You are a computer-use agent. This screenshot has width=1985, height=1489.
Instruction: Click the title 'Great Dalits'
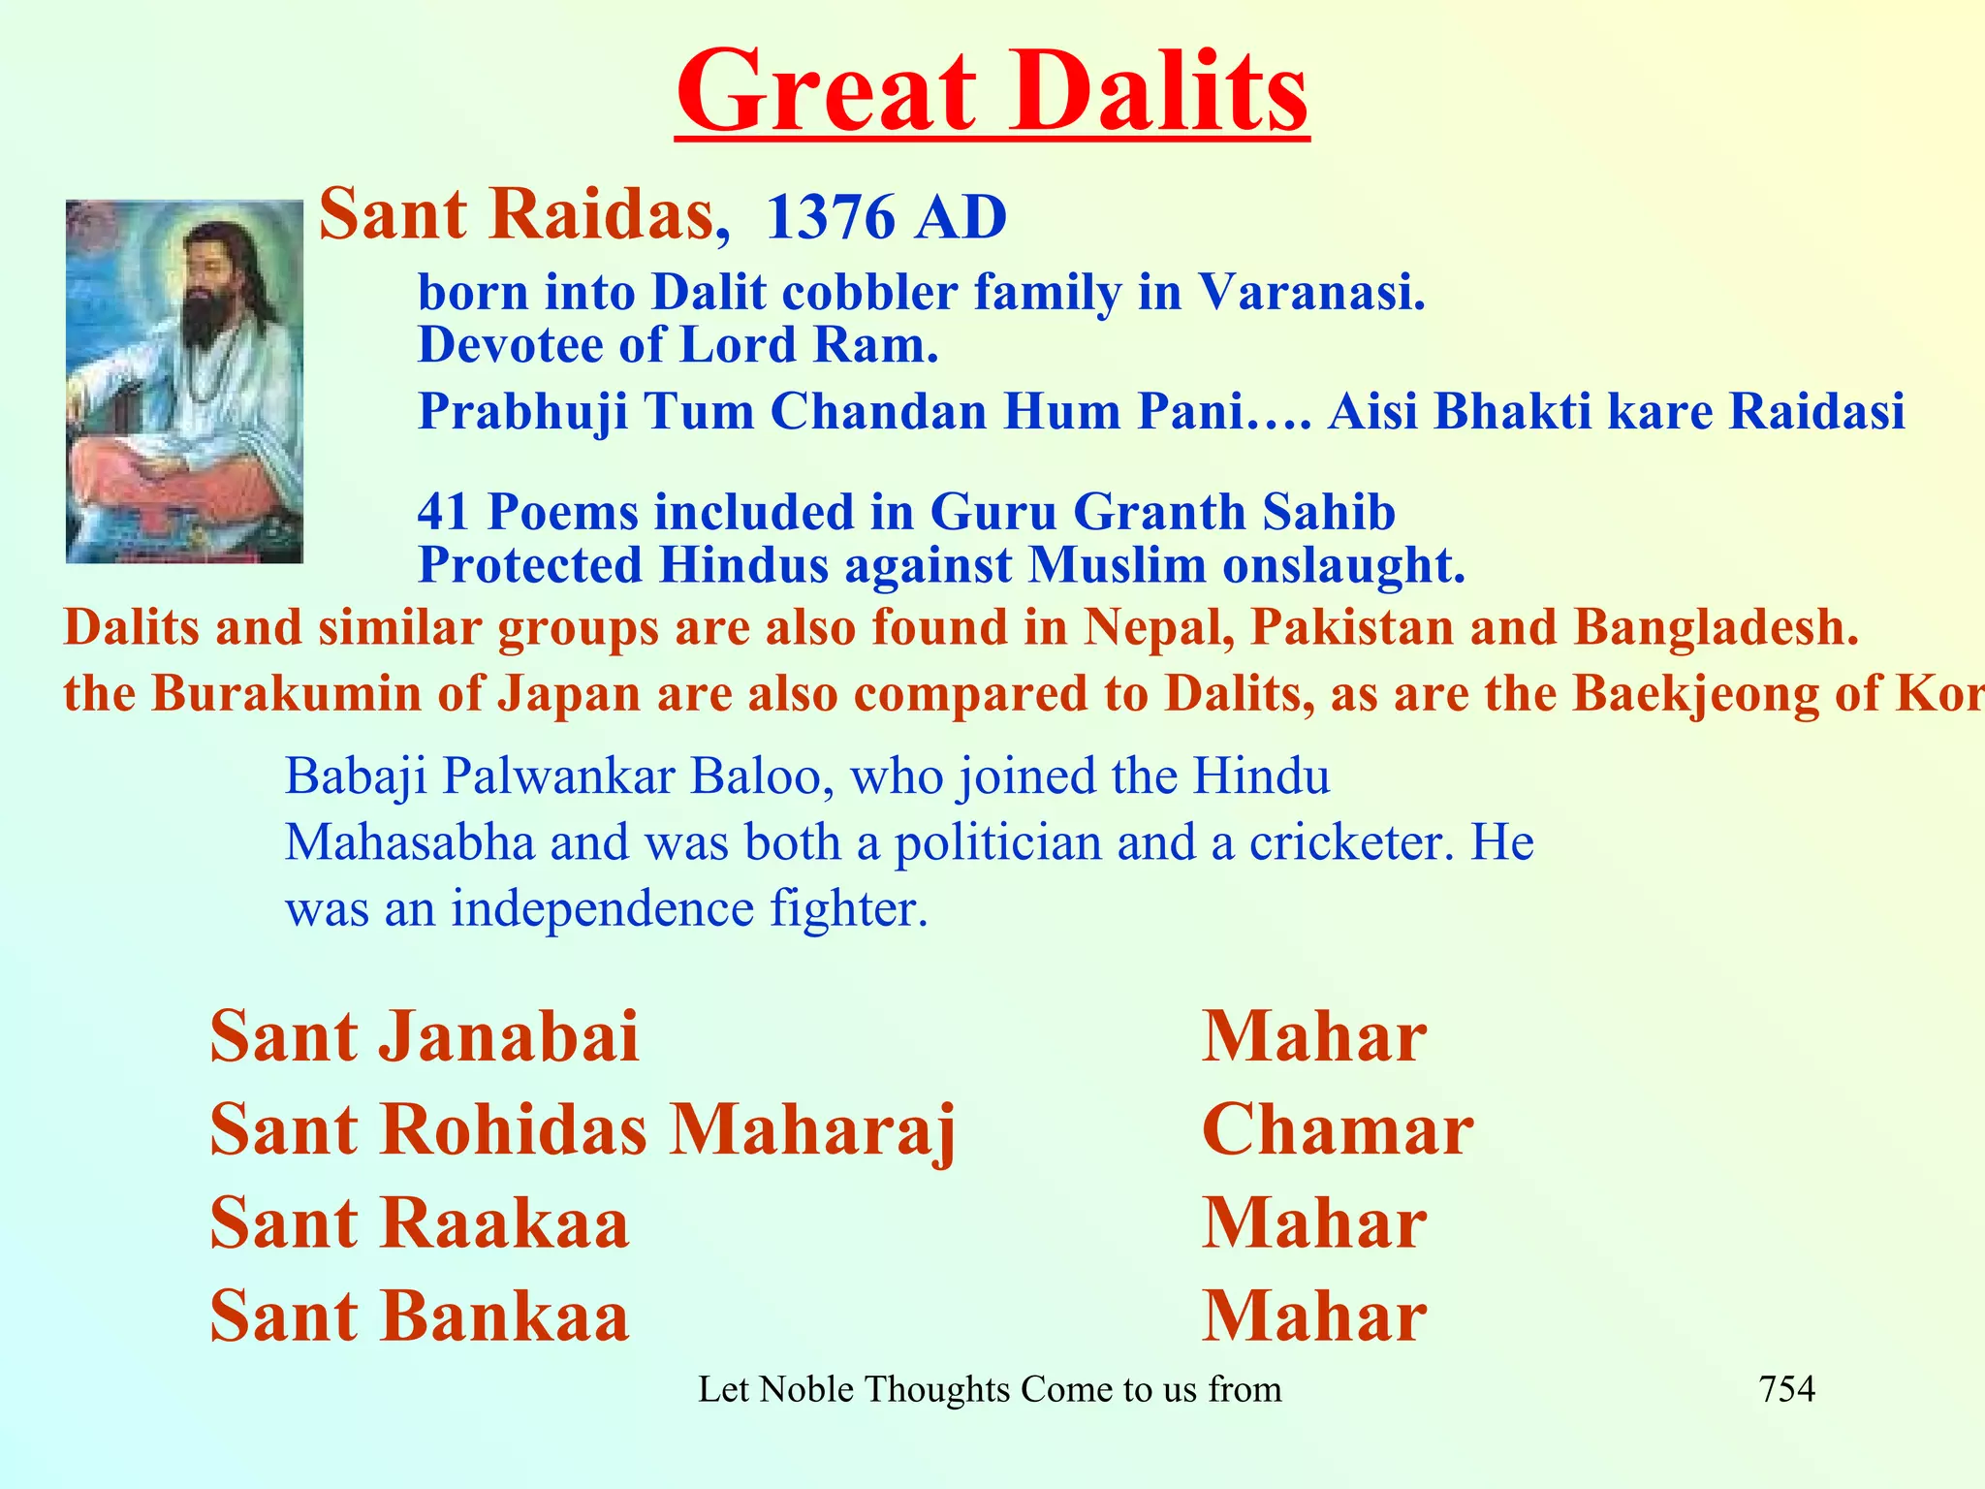pos(992,93)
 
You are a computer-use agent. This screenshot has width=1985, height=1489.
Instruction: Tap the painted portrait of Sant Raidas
pos(184,381)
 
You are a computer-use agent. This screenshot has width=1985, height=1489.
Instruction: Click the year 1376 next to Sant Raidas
pos(830,217)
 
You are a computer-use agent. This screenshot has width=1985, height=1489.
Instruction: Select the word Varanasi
pos(1311,292)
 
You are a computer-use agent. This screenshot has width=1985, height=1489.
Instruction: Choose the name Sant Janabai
pos(425,1036)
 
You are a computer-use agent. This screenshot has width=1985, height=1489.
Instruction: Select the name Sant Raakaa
pos(420,1223)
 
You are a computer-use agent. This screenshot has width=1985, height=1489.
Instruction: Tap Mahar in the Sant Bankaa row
pos(1314,1316)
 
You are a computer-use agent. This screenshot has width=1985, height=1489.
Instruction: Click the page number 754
pos(1786,1389)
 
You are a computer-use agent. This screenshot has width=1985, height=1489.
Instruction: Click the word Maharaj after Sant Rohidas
pos(812,1130)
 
